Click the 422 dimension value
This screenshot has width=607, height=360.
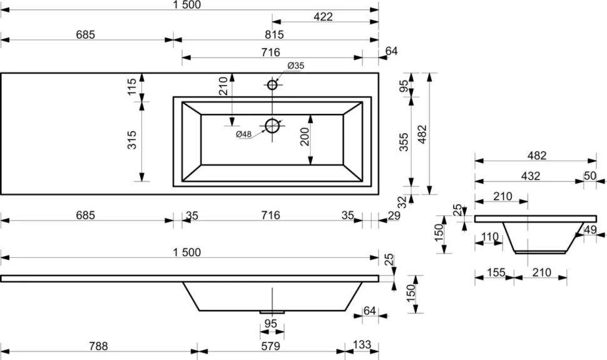point(324,17)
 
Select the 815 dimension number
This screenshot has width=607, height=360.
point(275,34)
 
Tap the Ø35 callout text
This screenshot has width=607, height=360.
point(296,66)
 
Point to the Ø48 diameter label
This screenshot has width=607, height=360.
point(244,134)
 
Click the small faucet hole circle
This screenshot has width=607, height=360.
point(272,85)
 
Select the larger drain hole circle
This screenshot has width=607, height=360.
point(272,126)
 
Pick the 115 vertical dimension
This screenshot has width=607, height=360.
point(132,87)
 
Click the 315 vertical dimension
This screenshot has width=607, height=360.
point(132,140)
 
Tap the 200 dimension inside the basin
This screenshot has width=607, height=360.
point(305,136)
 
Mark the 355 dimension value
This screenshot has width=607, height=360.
point(404,142)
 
